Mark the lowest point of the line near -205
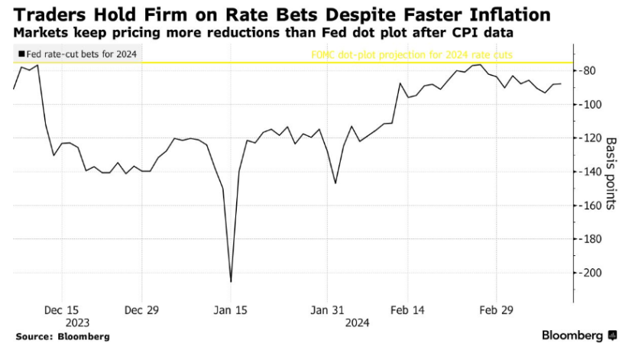coord(231,281)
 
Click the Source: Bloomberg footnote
coord(63,336)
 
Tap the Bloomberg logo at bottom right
coord(579,336)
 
